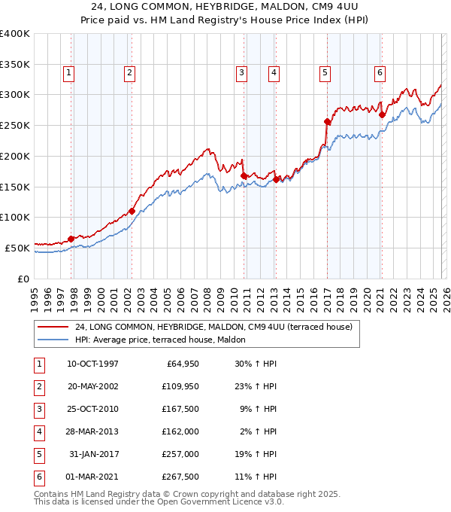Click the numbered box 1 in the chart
[x=68, y=73]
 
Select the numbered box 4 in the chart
[x=274, y=73]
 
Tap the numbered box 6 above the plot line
[x=380, y=73]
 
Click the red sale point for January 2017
[x=327, y=121]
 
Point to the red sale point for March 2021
[x=382, y=115]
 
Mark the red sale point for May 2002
[x=132, y=211]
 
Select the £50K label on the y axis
[x=17, y=247]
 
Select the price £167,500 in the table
[x=180, y=410]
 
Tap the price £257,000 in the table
[x=180, y=455]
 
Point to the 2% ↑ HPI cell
[x=260, y=432]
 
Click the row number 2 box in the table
[x=39, y=387]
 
